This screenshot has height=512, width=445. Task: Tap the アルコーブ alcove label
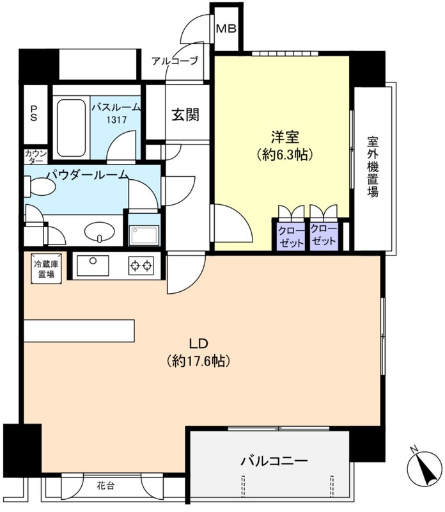coord(175,61)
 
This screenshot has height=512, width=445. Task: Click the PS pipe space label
coord(34,115)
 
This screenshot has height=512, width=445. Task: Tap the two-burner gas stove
coord(141,265)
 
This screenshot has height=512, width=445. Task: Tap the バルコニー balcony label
coord(274,461)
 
